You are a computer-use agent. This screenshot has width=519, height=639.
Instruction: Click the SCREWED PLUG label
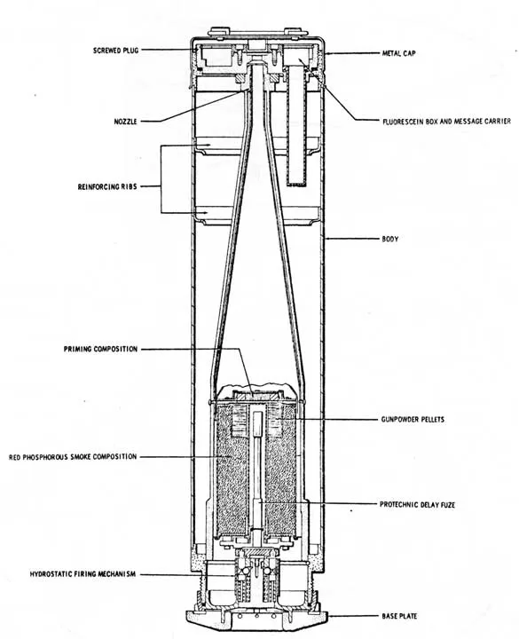point(115,51)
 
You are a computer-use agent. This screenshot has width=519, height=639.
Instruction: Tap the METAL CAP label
point(399,53)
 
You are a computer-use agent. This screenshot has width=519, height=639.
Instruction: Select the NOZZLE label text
point(125,122)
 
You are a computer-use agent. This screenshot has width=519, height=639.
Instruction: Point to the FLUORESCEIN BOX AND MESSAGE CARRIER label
point(446,121)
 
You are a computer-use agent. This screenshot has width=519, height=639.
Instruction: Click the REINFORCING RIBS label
point(107,186)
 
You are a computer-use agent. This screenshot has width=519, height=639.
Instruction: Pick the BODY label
point(389,239)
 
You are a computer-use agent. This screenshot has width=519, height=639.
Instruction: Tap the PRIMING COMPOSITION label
point(100,350)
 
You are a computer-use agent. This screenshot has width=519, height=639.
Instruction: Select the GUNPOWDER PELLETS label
point(413,419)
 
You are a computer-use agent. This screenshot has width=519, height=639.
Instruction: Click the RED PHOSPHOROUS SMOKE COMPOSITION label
point(73,457)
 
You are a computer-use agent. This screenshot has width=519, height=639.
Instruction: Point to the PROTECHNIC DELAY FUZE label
point(417,504)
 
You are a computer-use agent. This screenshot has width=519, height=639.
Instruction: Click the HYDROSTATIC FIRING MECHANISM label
point(83,574)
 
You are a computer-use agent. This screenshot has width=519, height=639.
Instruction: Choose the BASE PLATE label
point(399,616)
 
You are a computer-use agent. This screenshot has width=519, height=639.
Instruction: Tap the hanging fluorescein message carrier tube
point(296,126)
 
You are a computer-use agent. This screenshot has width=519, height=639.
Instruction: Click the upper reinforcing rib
point(256,146)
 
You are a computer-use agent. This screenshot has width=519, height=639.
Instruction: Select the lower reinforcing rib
point(256,215)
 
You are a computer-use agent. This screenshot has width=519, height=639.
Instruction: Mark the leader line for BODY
point(352,239)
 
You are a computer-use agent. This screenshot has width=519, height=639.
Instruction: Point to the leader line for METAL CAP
point(352,53)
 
